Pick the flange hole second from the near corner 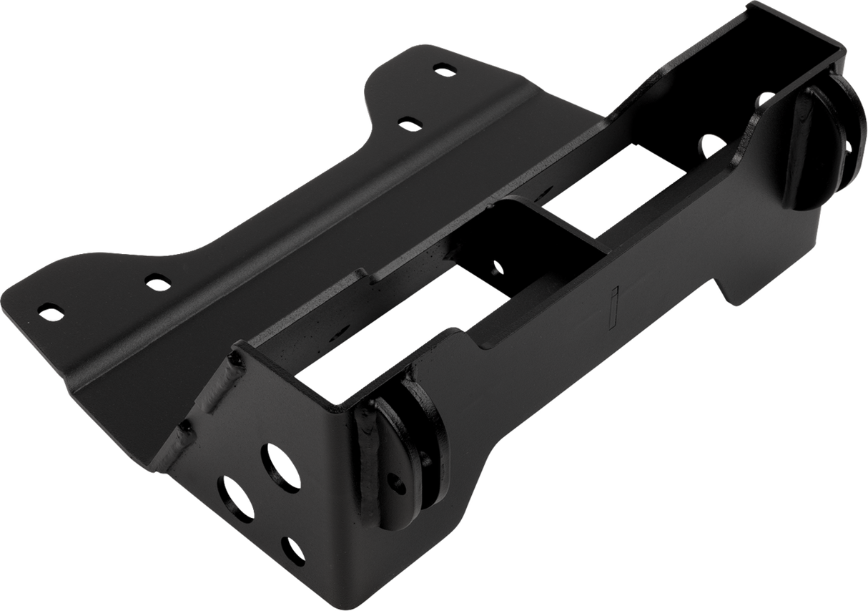tap(158, 282)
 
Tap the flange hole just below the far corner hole tap(409, 124)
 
